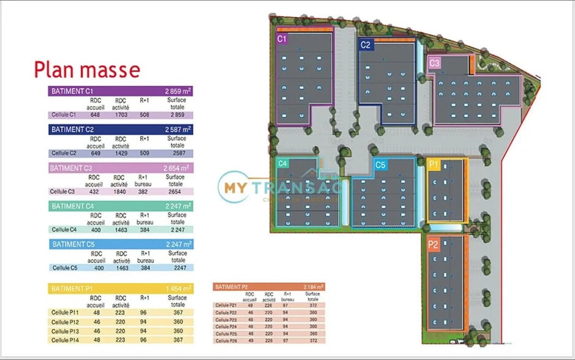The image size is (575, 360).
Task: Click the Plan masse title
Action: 87,70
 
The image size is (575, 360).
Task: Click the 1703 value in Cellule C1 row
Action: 121,114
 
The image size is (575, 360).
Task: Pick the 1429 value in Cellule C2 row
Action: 121,153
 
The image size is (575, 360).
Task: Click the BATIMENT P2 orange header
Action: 269,286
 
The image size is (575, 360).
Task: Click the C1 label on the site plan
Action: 282,39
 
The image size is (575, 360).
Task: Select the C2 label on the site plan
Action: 366,45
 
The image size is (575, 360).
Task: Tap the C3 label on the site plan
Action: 434,62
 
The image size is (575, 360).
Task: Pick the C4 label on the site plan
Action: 282,163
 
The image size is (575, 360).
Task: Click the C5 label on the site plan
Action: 380,165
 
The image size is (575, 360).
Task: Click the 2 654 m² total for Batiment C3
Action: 177,168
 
